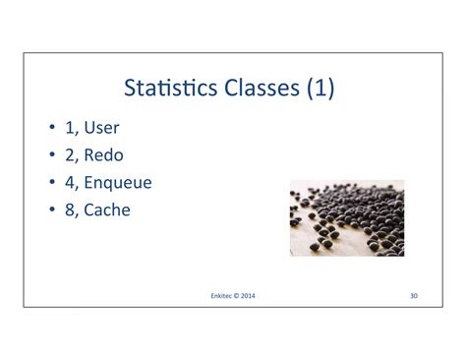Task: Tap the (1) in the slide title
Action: coord(320,90)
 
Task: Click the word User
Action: coord(102,127)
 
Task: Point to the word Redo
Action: coord(104,154)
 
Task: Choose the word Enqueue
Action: coord(118,183)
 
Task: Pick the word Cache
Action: coord(107,210)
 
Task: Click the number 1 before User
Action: coord(69,127)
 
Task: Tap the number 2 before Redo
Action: coord(69,154)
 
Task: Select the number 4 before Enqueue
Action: coord(69,182)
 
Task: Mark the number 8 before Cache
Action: coord(69,210)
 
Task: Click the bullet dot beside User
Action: coord(51,128)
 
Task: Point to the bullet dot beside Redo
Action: coord(51,155)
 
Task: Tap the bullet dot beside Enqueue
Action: coord(51,183)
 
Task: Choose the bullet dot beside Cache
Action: coord(51,210)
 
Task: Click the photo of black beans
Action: coord(347,217)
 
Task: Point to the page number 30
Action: coord(413,294)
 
